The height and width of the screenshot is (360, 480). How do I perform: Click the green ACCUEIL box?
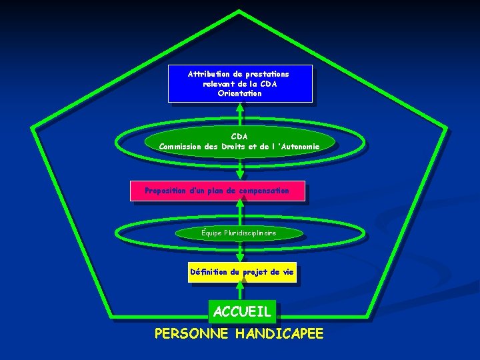click(x=242, y=311)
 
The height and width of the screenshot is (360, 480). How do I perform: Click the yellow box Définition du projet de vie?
click(x=241, y=272)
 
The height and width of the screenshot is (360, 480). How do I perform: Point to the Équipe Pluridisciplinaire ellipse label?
click(x=239, y=233)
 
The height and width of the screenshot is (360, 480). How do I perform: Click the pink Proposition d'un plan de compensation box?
click(x=217, y=191)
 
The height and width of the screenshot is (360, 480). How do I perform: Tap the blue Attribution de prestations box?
click(x=240, y=83)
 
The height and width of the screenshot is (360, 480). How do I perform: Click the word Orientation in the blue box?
click(x=239, y=93)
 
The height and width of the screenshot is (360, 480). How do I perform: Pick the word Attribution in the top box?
click(x=211, y=73)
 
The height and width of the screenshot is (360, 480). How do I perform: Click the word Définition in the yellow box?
click(x=209, y=272)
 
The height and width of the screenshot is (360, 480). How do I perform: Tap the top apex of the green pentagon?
click(x=239, y=11)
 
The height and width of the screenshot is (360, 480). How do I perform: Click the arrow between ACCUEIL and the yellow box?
click(x=240, y=291)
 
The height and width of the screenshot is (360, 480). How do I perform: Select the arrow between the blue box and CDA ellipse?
click(x=240, y=114)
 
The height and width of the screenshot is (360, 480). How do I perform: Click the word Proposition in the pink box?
click(x=165, y=191)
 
